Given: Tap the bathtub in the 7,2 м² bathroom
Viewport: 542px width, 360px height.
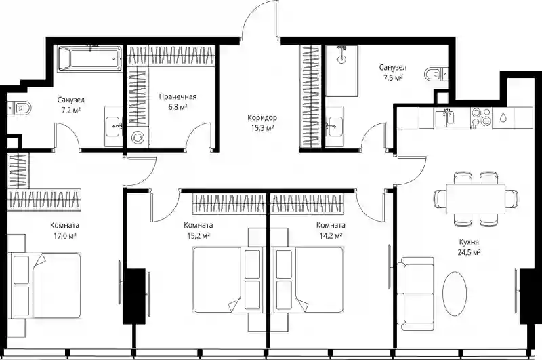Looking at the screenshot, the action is (x=89, y=58).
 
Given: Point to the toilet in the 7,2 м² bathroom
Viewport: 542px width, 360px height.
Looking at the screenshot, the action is (x=20, y=108).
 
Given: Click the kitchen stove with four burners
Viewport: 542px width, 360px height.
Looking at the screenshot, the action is (x=481, y=118).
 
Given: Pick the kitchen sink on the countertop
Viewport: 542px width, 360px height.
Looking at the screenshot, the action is (x=445, y=118).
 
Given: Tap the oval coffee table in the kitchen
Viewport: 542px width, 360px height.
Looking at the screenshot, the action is (x=455, y=294).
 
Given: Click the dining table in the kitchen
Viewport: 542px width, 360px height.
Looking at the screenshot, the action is (x=476, y=199).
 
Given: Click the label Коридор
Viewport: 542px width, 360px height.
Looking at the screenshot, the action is (x=262, y=117).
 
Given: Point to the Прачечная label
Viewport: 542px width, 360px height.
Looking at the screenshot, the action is (x=178, y=96).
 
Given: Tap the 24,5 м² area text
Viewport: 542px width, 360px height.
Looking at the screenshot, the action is (x=469, y=252).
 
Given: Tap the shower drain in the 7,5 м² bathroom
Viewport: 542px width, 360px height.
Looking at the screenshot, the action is (x=341, y=58).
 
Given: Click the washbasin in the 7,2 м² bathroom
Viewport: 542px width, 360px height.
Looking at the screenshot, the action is (x=114, y=127).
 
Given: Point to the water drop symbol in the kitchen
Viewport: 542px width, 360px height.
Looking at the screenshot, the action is (x=503, y=118).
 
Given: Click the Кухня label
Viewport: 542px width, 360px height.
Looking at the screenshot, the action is (x=469, y=242).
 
